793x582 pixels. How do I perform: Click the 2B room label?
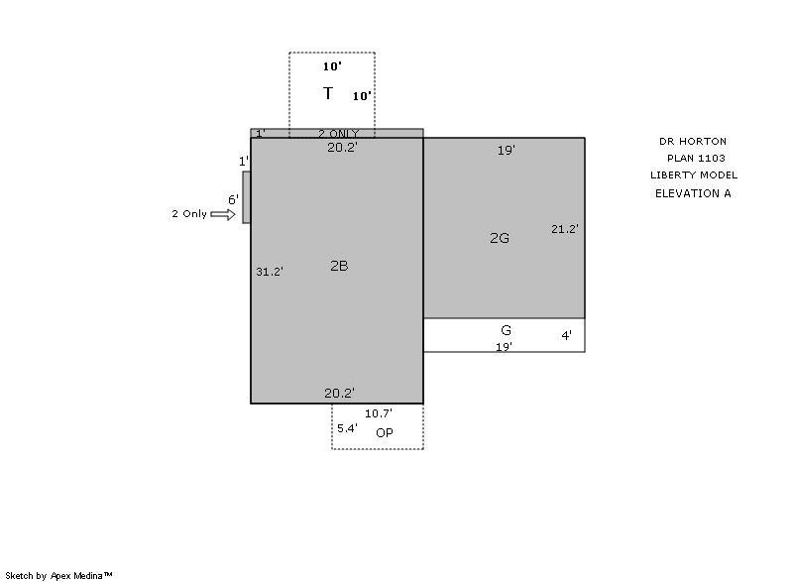point(339,266)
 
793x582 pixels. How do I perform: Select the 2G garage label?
point(500,238)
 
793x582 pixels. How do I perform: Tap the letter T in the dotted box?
point(328,93)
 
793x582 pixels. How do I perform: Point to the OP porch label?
point(385,433)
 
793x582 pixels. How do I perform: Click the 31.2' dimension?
point(269,272)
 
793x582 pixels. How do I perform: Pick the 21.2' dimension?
point(564,229)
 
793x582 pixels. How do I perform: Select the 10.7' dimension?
point(379,413)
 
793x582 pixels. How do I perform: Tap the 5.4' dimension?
point(347,428)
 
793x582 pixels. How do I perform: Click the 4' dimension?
point(566,335)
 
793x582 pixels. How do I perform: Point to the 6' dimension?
point(233,199)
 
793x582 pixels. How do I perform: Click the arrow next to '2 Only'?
point(223,215)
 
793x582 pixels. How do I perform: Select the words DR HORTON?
point(692,142)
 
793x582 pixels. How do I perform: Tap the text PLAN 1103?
point(696,159)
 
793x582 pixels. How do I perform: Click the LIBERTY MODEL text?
point(694,175)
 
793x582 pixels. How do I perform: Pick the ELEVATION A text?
point(693,193)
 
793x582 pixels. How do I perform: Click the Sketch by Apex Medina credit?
point(58,575)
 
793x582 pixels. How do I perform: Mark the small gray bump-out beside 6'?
point(246,197)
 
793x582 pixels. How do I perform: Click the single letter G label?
point(506,330)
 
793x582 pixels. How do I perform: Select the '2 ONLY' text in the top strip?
point(338,134)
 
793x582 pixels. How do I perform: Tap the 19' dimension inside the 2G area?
point(506,150)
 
